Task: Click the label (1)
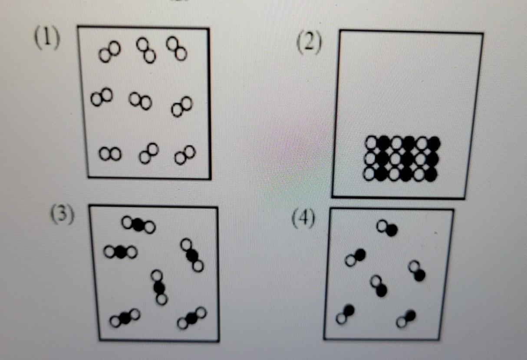[47, 38]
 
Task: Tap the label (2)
[309, 43]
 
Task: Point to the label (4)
[303, 218]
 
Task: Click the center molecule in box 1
[140, 101]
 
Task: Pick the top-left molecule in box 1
[110, 52]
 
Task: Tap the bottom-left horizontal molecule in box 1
[110, 154]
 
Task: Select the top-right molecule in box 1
[177, 49]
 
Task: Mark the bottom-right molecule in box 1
[185, 155]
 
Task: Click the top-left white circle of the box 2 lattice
[372, 142]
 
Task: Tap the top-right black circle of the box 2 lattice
[434, 143]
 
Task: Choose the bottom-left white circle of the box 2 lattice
[369, 174]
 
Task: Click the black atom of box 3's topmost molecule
[138, 225]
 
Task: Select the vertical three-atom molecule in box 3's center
[159, 287]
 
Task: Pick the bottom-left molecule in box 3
[125, 318]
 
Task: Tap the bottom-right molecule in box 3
[192, 318]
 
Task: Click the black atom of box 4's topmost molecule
[392, 230]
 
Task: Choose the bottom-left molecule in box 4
[346, 314]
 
